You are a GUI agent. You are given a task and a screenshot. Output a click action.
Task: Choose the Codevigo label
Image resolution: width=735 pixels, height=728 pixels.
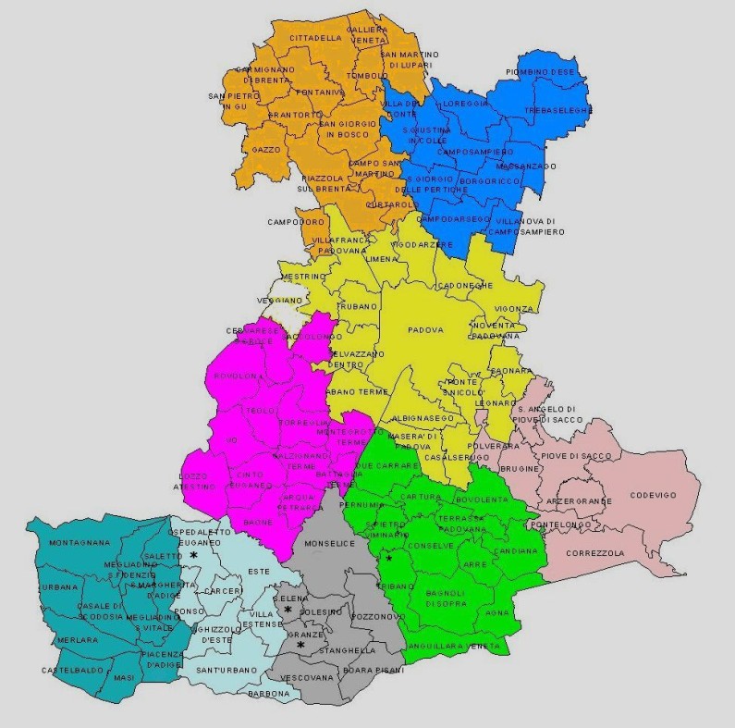(x=653, y=495)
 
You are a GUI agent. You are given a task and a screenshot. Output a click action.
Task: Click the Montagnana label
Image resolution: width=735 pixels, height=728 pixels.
(x=80, y=543)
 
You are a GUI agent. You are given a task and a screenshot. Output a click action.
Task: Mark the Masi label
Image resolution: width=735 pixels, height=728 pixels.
(x=124, y=678)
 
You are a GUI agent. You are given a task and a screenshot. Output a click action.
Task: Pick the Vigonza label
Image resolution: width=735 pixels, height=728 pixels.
(x=513, y=308)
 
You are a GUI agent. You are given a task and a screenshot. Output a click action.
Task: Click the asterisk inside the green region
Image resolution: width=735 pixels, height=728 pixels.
(x=389, y=558)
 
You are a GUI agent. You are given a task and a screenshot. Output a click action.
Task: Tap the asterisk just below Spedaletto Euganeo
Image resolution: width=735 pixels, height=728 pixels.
(x=194, y=554)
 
